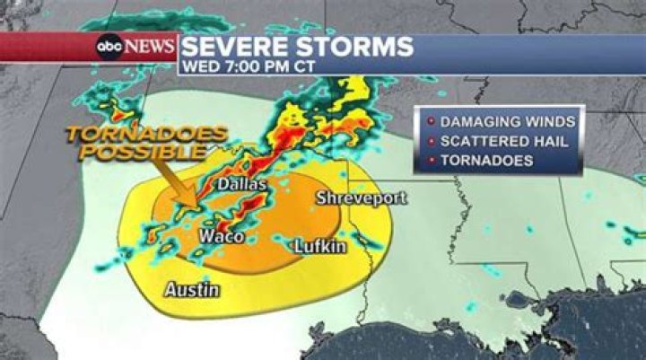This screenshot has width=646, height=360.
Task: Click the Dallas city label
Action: (x=243, y=184)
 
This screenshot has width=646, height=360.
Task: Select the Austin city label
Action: (x=192, y=289)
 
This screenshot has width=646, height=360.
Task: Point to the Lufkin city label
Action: (x=320, y=245)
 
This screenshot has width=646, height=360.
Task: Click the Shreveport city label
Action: (x=362, y=198)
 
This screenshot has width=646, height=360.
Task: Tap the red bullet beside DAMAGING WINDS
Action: (x=432, y=121)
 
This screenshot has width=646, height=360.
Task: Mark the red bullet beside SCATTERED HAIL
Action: (x=432, y=141)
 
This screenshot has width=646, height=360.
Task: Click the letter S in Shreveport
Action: (x=321, y=198)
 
